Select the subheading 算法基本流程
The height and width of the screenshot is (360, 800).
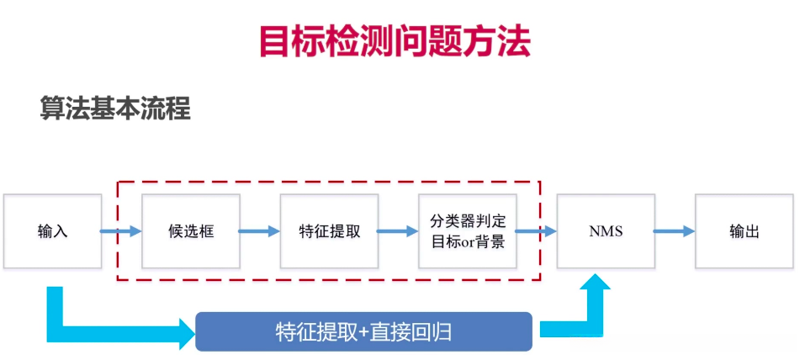115,109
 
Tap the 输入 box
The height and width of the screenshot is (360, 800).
52,231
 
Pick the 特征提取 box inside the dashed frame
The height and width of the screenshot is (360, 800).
329,231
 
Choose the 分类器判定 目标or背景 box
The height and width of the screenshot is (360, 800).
467,231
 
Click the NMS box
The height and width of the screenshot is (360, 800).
606,231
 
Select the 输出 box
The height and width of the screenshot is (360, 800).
744,231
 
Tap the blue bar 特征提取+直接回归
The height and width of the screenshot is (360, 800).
363,331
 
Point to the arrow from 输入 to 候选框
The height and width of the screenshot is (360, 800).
121,231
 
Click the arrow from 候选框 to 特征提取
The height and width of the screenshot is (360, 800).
259,231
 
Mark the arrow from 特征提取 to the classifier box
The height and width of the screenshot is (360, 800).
398,231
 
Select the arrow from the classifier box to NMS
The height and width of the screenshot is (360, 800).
536,231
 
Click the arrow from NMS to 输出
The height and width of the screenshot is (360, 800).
674,231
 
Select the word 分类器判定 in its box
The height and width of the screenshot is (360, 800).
467,222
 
